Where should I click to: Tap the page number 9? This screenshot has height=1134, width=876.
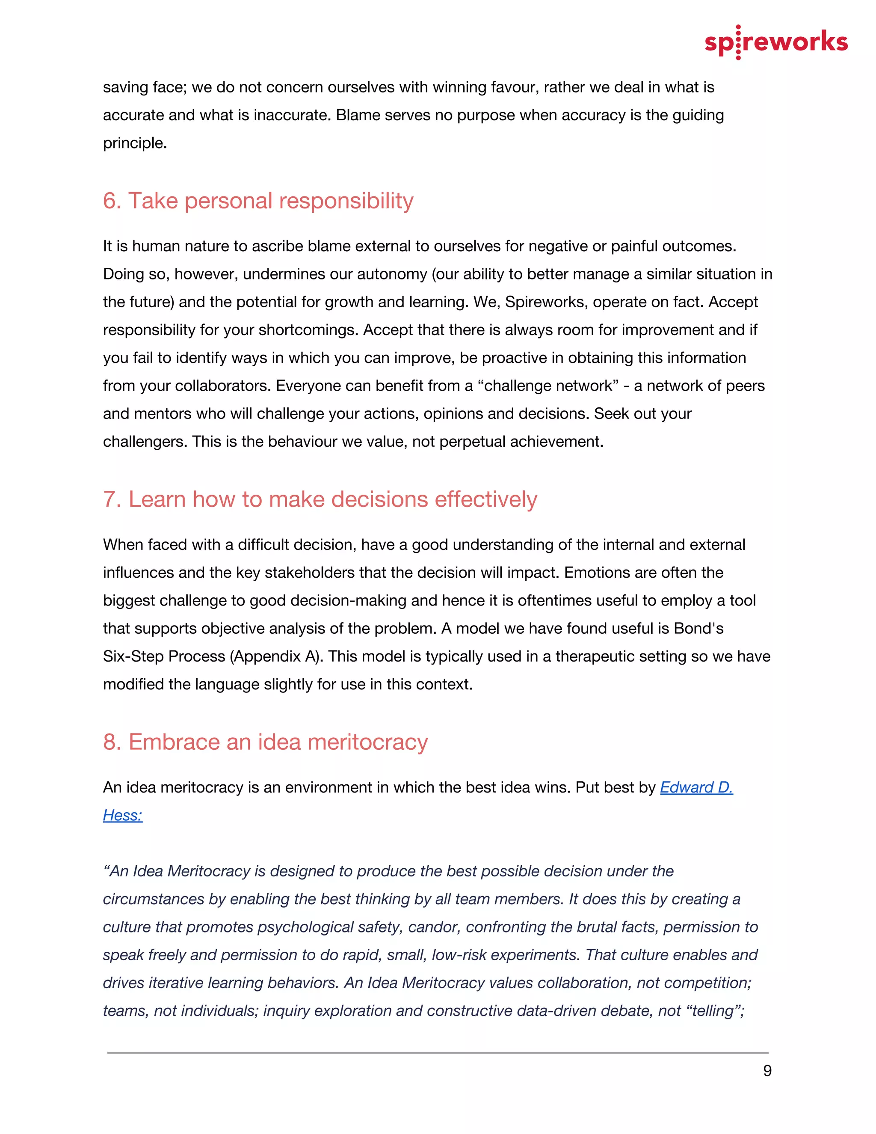pos(767,1071)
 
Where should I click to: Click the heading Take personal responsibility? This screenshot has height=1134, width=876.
pos(258,201)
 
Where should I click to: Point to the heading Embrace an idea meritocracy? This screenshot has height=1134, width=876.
pos(265,742)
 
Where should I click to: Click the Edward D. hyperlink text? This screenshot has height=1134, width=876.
pos(696,788)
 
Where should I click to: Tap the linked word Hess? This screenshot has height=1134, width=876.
pos(122,816)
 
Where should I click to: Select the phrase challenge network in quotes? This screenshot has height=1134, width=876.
pos(548,386)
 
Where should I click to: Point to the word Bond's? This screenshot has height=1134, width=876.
pos(698,629)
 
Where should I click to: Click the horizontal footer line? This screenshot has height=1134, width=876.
pos(438,1053)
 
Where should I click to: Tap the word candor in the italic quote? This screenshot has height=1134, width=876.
pos(433,927)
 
